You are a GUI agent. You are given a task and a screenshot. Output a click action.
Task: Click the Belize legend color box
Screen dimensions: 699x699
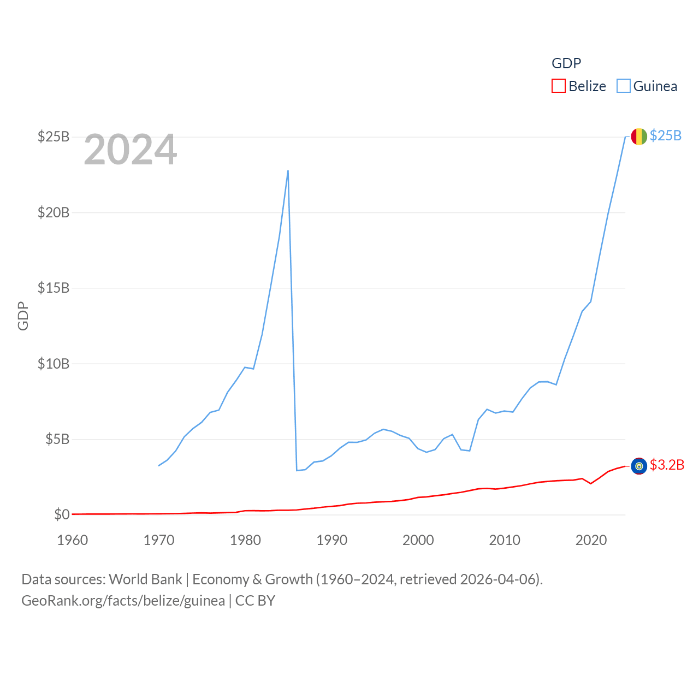click(558, 86)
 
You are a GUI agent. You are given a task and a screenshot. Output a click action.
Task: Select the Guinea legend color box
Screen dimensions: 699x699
click(623, 86)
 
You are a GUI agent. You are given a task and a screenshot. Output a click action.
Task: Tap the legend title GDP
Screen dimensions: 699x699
click(566, 63)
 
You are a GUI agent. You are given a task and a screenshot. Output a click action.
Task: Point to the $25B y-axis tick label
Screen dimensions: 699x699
click(54, 137)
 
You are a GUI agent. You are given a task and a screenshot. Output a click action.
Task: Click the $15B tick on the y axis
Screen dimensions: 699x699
click(54, 288)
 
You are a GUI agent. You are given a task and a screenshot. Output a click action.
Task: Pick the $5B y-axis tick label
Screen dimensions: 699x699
click(57, 439)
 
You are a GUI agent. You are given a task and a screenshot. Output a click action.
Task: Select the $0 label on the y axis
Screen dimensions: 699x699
click(62, 514)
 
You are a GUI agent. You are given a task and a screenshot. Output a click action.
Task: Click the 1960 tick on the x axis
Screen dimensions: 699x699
click(73, 540)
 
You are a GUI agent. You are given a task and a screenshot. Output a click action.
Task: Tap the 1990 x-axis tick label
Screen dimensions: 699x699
click(332, 540)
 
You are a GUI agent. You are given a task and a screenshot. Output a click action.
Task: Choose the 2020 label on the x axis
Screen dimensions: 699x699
click(591, 540)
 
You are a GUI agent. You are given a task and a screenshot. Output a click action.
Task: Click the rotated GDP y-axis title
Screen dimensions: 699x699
click(23, 316)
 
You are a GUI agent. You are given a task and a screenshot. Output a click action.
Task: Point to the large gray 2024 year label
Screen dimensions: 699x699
click(131, 150)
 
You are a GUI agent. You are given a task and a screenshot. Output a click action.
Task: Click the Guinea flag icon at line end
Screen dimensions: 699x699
click(639, 137)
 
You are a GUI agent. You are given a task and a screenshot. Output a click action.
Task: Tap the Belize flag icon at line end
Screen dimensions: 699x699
click(639, 466)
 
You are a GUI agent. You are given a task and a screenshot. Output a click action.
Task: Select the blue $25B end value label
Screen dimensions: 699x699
click(666, 136)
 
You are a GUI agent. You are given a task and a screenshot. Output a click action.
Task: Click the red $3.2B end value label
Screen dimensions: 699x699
click(667, 465)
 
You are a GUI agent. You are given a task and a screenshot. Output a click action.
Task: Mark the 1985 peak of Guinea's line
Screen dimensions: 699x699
click(288, 171)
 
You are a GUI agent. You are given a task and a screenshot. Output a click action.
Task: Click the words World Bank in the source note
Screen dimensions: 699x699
click(146, 579)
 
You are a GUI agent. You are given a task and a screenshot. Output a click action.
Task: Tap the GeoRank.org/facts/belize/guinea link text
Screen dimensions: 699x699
click(123, 601)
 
